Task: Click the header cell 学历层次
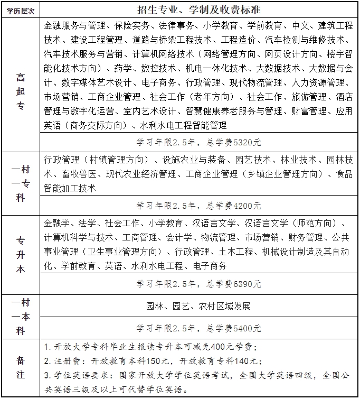[20, 9]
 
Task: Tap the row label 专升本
[20, 254]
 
